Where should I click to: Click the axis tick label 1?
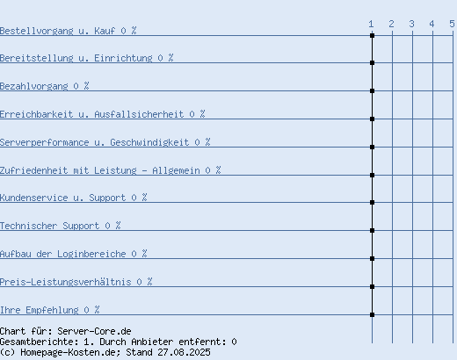371,24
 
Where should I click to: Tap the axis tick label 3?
411,24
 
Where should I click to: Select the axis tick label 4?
432,24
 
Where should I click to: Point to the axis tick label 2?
391,24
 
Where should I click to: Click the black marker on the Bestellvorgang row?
372,35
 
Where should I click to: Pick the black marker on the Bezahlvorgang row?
372,91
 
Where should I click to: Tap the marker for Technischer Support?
372,231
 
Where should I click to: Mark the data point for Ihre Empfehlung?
372,315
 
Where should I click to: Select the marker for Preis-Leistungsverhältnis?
372,287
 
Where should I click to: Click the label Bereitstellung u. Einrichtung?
76,58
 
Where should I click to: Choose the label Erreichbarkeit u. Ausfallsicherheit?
92,114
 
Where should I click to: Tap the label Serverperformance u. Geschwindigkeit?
95,142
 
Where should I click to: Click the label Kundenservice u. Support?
63,198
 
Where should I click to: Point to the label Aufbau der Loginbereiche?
63,254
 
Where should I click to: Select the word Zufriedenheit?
34,170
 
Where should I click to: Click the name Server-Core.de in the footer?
94,331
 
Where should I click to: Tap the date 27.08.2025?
184,352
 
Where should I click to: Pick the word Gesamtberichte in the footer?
40,342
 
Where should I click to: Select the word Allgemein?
176,170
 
